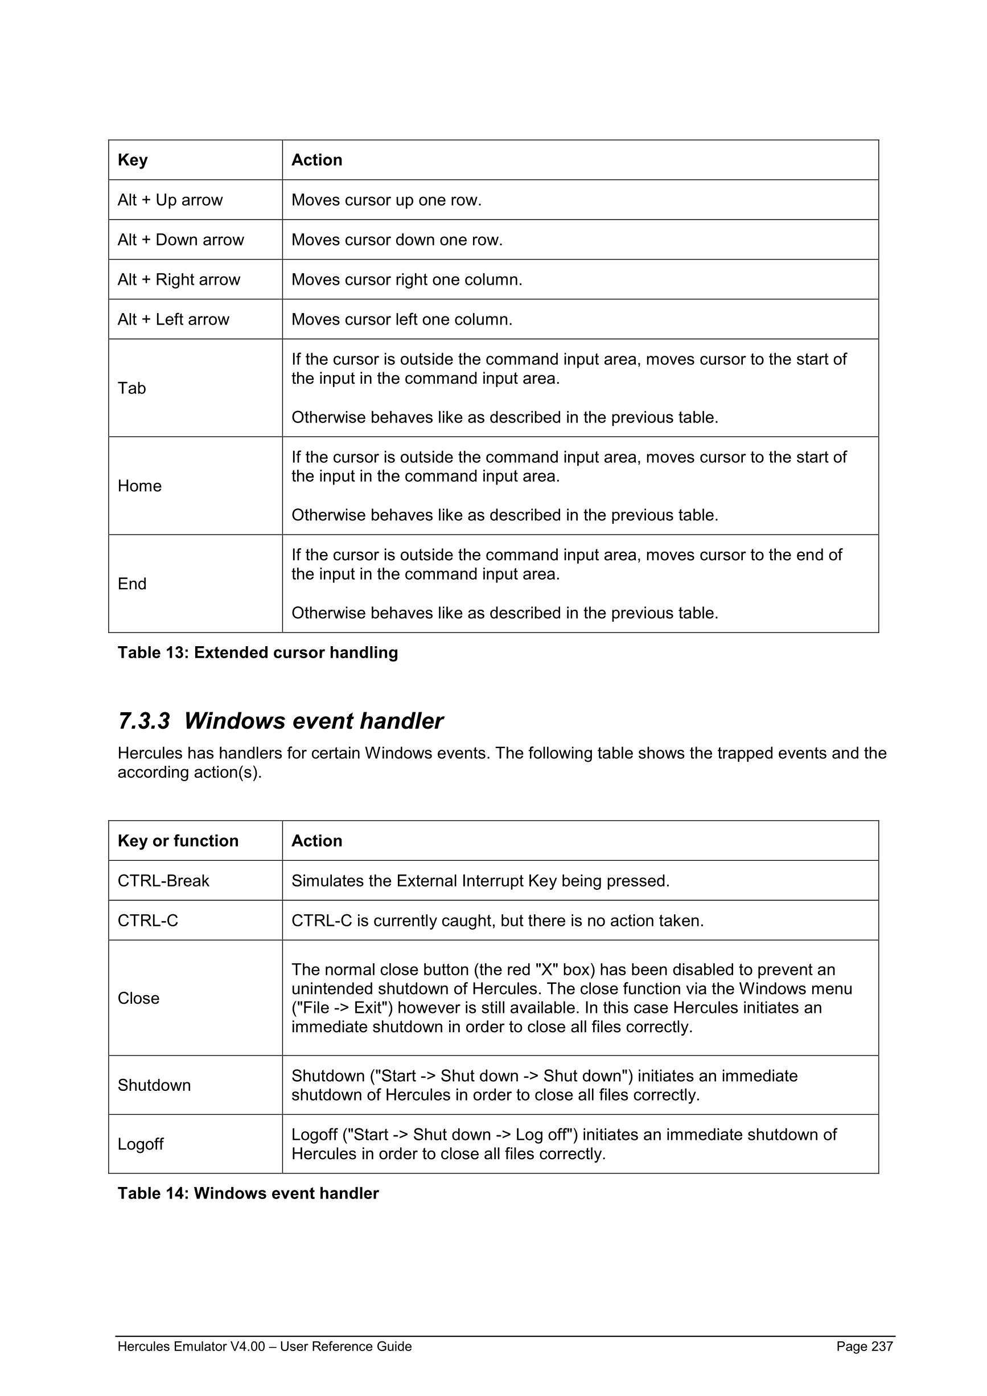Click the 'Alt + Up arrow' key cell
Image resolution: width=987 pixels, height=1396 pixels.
(170, 200)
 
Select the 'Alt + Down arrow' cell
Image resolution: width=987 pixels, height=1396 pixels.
(180, 240)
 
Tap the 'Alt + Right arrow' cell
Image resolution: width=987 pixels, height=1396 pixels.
(179, 280)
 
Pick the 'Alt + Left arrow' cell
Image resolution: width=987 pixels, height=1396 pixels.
(173, 319)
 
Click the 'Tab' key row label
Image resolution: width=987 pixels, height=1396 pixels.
(132, 388)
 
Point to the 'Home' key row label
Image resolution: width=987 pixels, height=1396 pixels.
(140, 486)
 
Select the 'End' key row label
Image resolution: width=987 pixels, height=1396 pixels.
(132, 584)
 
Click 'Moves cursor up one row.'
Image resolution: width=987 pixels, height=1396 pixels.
(386, 200)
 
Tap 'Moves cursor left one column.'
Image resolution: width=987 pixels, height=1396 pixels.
(402, 319)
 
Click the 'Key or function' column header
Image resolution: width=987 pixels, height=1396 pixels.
(178, 841)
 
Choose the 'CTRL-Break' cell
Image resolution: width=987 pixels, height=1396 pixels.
(163, 881)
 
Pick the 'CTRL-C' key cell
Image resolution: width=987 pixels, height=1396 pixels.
(147, 921)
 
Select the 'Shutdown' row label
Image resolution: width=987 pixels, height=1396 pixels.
(154, 1085)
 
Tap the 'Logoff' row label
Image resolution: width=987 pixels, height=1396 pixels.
(141, 1144)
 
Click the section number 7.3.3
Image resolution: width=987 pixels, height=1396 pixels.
(144, 721)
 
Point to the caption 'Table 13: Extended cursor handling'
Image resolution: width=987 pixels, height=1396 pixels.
(258, 652)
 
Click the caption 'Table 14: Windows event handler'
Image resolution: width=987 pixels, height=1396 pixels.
(248, 1193)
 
